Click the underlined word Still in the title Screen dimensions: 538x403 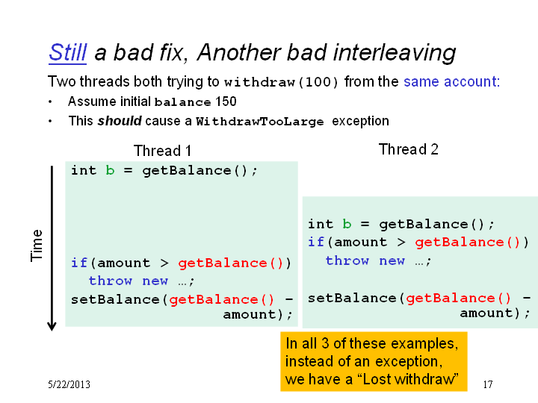coord(67,53)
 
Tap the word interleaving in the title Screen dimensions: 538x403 coord(395,53)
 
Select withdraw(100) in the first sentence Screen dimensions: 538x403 coord(282,82)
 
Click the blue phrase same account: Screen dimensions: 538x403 coord(452,82)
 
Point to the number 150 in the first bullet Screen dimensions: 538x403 coord(226,101)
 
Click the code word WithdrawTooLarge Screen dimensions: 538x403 coord(260,122)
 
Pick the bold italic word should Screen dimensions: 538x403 coord(120,121)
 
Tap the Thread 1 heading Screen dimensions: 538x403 coord(162,151)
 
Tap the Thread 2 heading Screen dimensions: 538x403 coord(408,149)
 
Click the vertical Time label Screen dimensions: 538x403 coord(37,246)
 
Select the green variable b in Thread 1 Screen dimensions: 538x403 coord(110,170)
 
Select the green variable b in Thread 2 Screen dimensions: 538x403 coord(347,224)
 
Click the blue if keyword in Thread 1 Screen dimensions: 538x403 coord(79,263)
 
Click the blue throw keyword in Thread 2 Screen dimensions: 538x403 coord(347,260)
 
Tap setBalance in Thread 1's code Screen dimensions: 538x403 coord(115,299)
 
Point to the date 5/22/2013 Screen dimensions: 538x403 coord(69,384)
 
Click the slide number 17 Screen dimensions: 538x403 coord(488,384)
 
